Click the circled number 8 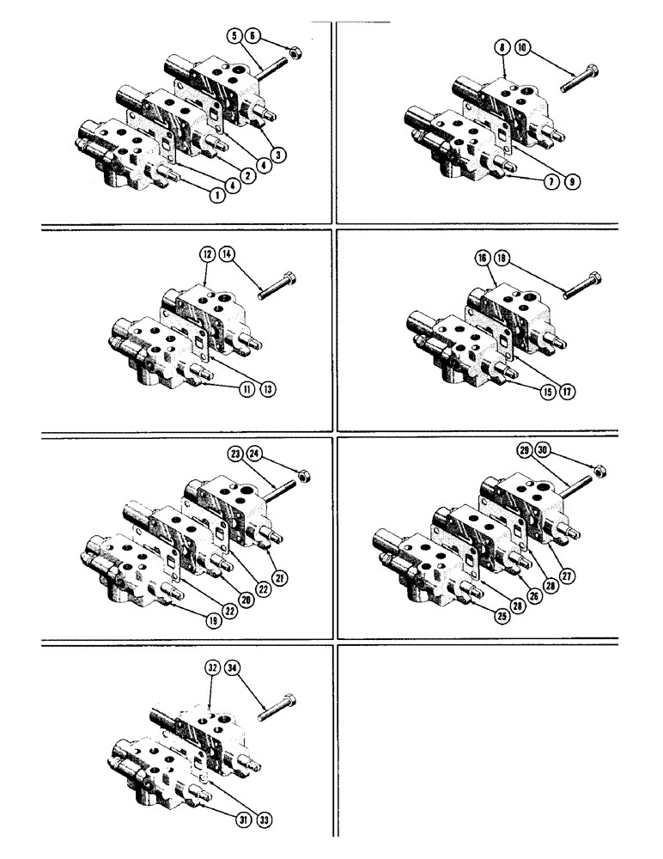(500, 50)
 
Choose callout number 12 (207, 254)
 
